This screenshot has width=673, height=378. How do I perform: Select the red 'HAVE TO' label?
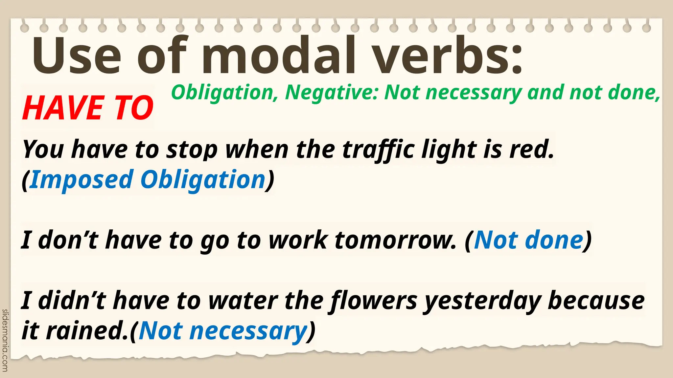[88, 108]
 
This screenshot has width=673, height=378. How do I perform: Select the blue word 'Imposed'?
[81, 179]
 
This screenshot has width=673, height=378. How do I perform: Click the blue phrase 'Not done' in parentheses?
[528, 240]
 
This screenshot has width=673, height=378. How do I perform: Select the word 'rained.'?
[87, 330]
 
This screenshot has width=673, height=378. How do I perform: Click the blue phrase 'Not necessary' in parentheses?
[223, 331]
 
